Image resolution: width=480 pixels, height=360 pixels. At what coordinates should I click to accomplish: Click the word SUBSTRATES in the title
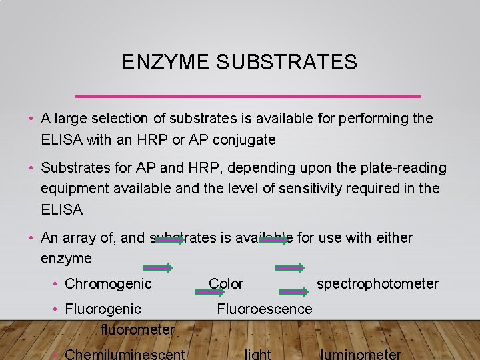pyautogui.click(x=287, y=63)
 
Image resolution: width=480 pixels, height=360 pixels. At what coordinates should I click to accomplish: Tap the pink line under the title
pyautogui.click(x=249, y=96)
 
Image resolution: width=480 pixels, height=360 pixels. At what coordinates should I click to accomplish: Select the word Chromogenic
pyautogui.click(x=108, y=284)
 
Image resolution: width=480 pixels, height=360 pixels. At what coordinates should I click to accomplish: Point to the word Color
pyautogui.click(x=226, y=284)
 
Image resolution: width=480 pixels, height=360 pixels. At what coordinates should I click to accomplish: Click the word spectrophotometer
pyautogui.click(x=377, y=284)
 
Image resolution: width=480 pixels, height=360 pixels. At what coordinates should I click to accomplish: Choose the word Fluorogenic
pyautogui.click(x=103, y=309)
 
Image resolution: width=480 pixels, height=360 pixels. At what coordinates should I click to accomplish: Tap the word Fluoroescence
pyautogui.click(x=264, y=309)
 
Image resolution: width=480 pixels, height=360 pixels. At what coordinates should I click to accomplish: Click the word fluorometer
pyautogui.click(x=137, y=329)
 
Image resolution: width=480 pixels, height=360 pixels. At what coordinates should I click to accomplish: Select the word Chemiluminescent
pyautogui.click(x=125, y=354)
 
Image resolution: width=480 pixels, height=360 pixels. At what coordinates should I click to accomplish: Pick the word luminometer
pyautogui.click(x=361, y=354)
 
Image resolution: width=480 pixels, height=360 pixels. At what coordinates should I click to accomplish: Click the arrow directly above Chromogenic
pyautogui.click(x=157, y=268)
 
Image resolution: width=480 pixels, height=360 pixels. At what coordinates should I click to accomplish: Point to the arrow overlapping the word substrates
pyautogui.click(x=170, y=240)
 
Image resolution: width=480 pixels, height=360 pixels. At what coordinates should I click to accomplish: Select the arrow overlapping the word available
pyautogui.click(x=274, y=240)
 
